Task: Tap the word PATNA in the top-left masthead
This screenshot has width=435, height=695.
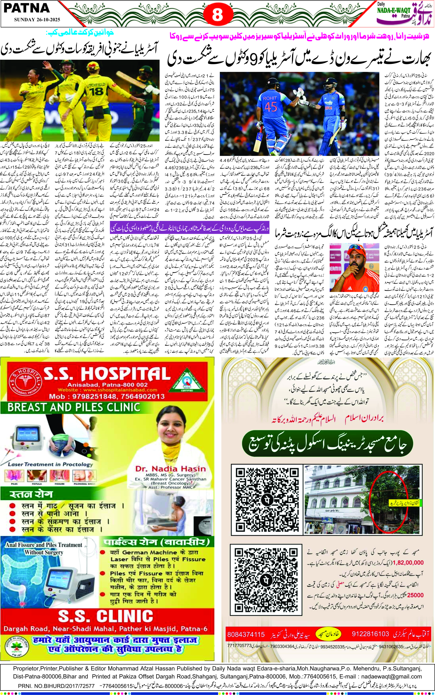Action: pos(26,8)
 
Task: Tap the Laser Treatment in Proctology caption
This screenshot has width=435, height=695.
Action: pos(50,464)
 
